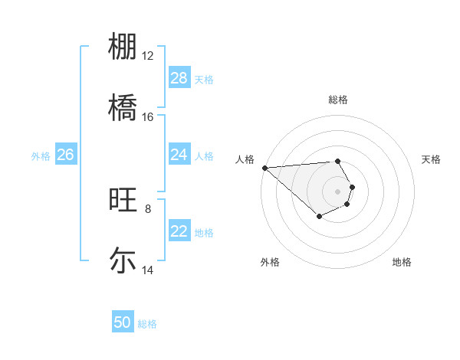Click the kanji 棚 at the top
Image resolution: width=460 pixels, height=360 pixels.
pos(123,47)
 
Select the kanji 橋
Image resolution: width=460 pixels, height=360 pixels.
pos(123,106)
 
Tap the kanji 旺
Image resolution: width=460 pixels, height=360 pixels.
pos(123,201)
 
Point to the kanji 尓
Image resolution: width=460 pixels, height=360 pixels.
pos(123,260)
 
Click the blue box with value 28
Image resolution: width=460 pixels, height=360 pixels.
pos(179,78)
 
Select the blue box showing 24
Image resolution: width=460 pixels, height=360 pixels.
pos(179,155)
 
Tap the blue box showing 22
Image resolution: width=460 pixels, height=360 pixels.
pos(179,231)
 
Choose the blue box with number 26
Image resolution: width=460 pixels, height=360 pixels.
pos(65,155)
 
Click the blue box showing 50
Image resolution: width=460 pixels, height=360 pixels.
pos(123,322)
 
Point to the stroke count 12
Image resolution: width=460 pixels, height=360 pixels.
pos(148,56)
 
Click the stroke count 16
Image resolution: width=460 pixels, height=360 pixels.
pos(148,116)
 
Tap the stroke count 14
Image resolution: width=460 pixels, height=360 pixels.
pos(148,270)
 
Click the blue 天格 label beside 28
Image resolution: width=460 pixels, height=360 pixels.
pos(204,79)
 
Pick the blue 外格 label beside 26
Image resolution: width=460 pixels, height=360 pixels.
pos(41,155)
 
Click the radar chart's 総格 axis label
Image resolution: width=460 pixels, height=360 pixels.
pos(337,100)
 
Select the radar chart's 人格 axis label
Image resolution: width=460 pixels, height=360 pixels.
pos(245,159)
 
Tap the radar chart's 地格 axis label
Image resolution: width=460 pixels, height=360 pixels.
pos(402,262)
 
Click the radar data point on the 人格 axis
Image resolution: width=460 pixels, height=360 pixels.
pos(264,167)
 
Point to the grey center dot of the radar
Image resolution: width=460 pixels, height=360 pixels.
pos(337,191)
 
